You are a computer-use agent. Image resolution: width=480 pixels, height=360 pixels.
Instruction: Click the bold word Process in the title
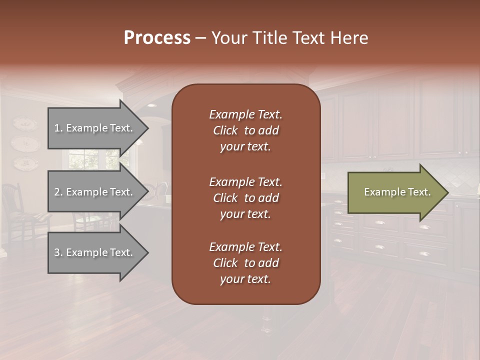point(157,38)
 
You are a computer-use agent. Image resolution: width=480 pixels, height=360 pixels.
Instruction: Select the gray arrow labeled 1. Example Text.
point(95,128)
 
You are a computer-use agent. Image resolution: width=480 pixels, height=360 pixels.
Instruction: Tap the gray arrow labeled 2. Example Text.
point(95,192)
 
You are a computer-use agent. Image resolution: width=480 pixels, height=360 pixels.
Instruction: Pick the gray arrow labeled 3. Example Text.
point(95,252)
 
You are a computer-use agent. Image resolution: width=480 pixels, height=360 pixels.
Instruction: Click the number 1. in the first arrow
point(58,128)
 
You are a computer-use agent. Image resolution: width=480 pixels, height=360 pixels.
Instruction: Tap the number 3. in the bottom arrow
point(58,252)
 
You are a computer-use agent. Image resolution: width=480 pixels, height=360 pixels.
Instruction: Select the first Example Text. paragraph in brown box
point(245,130)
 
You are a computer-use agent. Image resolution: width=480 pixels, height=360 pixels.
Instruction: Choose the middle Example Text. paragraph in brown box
point(245,198)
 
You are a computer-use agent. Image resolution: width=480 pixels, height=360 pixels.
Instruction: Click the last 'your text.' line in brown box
point(245,279)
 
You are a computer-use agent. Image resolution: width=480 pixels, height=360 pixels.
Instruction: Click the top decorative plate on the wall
point(24,123)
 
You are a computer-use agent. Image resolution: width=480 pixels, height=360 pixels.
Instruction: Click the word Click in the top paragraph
point(225,130)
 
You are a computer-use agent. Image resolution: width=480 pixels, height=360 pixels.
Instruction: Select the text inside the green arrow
point(397,192)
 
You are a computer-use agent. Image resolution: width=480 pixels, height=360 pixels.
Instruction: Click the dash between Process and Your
point(201,38)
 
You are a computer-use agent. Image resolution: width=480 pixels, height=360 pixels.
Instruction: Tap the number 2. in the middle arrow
point(58,192)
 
